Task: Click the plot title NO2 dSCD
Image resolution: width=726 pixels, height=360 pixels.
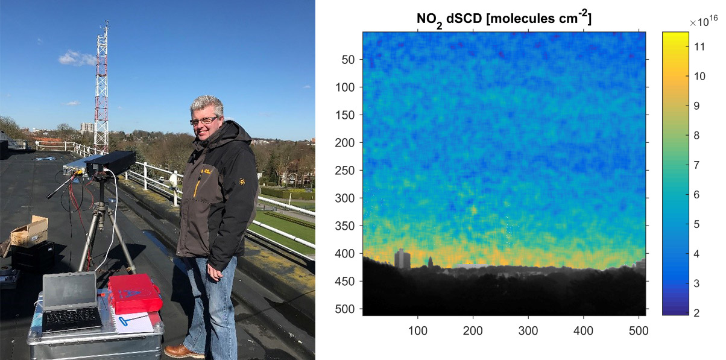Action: click(x=449, y=19)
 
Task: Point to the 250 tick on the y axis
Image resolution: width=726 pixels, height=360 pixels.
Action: click(x=344, y=171)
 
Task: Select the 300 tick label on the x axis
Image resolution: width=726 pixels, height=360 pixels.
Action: click(x=528, y=331)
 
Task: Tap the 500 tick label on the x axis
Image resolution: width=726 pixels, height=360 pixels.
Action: click(x=639, y=331)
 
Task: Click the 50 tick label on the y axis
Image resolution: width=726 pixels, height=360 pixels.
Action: click(x=348, y=60)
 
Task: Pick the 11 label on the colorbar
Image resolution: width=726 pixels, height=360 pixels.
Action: click(x=699, y=46)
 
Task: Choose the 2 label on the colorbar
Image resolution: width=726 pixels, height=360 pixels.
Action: click(x=696, y=313)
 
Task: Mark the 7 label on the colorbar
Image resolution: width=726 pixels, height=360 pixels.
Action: click(x=696, y=165)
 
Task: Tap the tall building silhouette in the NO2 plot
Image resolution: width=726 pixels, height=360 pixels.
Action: click(x=402, y=259)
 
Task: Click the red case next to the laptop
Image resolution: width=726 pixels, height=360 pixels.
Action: click(x=134, y=293)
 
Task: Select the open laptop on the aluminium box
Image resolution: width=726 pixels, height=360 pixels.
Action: click(x=71, y=303)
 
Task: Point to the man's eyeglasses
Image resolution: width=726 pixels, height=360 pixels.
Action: click(x=204, y=121)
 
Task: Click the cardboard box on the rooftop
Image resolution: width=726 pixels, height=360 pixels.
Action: click(x=30, y=232)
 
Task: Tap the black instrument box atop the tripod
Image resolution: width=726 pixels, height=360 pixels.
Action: click(x=110, y=161)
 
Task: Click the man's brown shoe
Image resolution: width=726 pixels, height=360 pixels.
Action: click(x=180, y=351)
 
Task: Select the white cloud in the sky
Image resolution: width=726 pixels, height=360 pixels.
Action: click(x=77, y=58)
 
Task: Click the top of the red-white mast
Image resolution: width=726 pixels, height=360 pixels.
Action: click(x=106, y=22)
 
